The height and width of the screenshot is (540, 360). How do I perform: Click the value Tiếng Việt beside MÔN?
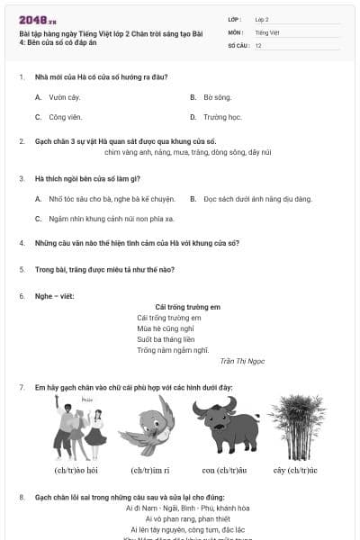pos(267,31)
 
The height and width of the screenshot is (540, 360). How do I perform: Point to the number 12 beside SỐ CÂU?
pos(258,44)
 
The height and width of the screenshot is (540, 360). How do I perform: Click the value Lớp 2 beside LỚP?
pos(262,18)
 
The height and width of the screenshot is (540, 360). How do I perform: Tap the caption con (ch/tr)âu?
pos(219,470)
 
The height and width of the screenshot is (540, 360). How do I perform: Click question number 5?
pos(22,269)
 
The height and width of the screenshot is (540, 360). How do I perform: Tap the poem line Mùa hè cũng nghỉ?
pos(166,328)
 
